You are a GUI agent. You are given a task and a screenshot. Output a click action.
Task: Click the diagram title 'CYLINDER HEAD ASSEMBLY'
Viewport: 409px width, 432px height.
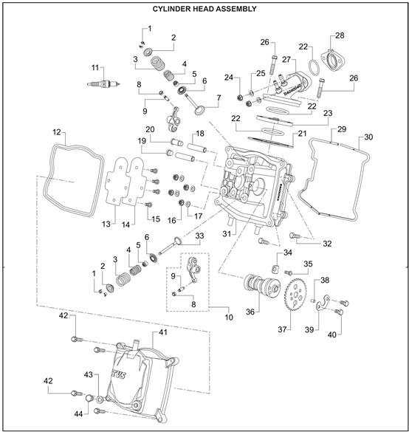(x=205, y=9)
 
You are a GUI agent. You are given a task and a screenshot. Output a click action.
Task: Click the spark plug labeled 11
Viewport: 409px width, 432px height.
(x=103, y=83)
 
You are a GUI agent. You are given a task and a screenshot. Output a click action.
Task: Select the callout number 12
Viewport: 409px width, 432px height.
(x=56, y=132)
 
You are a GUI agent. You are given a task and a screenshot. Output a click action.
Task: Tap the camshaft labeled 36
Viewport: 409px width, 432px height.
(x=261, y=285)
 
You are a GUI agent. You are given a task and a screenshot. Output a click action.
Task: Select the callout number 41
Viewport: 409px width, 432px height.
(x=163, y=332)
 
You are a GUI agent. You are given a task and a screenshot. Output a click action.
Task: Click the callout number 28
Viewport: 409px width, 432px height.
(x=340, y=35)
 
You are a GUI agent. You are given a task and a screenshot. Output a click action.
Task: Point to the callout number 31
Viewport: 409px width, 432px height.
(x=227, y=234)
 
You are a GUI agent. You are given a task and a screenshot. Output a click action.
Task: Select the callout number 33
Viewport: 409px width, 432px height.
(x=199, y=236)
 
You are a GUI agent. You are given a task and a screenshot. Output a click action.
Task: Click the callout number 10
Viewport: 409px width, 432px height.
(x=229, y=317)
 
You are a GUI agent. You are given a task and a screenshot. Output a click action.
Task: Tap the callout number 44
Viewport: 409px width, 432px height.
(x=78, y=414)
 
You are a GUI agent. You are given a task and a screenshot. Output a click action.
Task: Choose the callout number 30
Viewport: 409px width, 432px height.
(x=368, y=137)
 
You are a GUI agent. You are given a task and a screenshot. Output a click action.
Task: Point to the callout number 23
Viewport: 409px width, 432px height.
(x=328, y=113)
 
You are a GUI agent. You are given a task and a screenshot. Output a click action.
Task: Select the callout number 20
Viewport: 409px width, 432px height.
(x=150, y=129)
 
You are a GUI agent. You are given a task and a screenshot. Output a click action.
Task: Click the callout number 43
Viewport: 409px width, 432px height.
(x=88, y=375)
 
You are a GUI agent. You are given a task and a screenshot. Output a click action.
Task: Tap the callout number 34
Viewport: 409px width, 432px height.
(x=288, y=253)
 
